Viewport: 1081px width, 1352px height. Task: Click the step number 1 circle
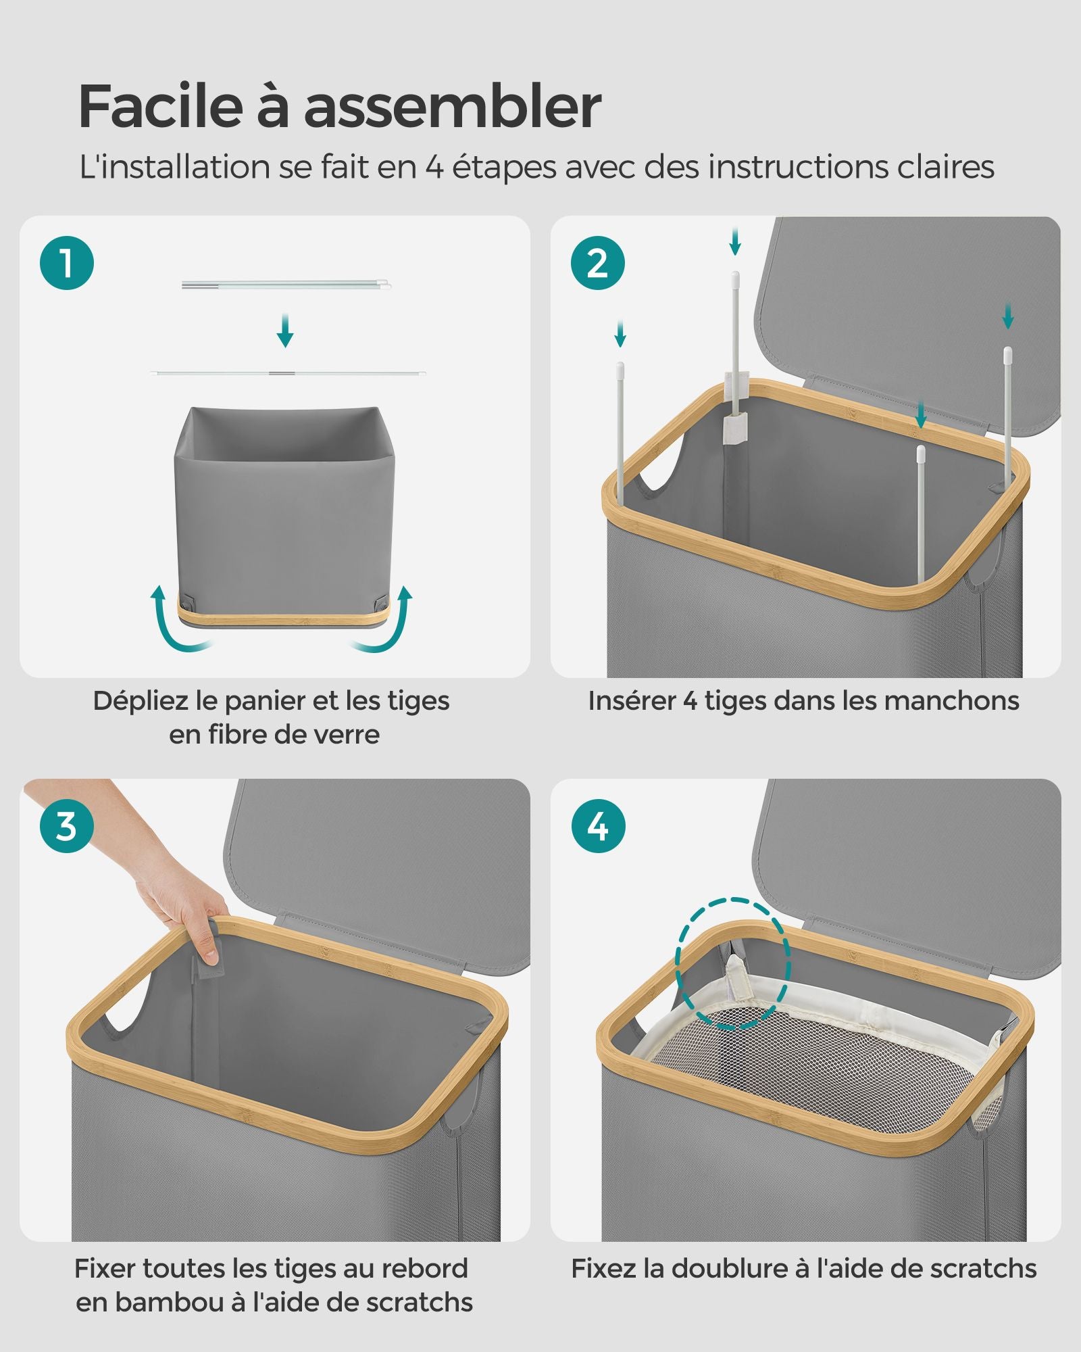pyautogui.click(x=66, y=263)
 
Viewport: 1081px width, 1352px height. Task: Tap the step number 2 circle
pyautogui.click(x=598, y=263)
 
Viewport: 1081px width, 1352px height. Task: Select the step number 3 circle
pyautogui.click(x=66, y=826)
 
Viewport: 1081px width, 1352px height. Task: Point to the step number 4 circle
pyautogui.click(x=598, y=826)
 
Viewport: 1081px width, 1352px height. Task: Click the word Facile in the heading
pyautogui.click(x=160, y=106)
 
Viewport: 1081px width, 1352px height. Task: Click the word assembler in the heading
pyautogui.click(x=453, y=106)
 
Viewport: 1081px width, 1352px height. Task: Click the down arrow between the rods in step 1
pyautogui.click(x=285, y=330)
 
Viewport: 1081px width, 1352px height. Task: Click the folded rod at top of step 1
pyautogui.click(x=286, y=285)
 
